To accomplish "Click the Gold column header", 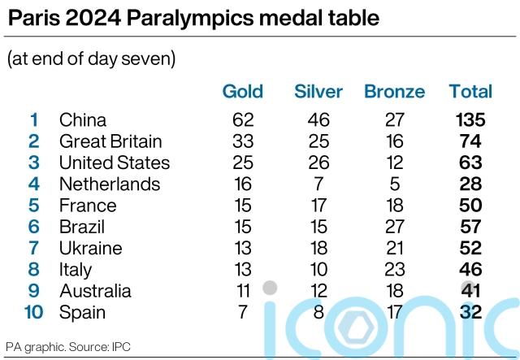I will coord(243,91).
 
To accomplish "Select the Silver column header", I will coord(318,91).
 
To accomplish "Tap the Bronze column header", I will coord(394,91).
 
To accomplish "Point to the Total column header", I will coord(470,91).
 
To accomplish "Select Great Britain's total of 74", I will coord(470,141).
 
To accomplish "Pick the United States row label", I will coord(115,163).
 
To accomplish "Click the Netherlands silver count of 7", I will coord(318,184).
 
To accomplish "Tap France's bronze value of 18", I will coord(395,206).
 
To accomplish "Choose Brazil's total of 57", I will coord(470,227).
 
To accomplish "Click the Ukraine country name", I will coord(90,248).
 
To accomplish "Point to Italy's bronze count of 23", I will coord(395,269).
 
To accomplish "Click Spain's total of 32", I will coord(470,312).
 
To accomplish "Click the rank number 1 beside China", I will coord(34,120).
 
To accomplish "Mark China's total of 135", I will coord(470,120).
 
